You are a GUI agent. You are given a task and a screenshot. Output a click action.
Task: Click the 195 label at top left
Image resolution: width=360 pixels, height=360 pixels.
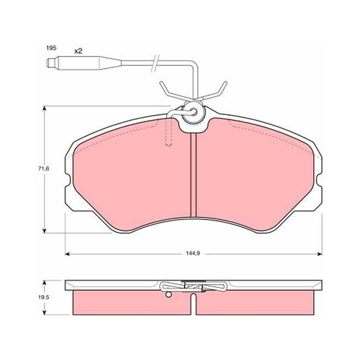pyautogui.click(x=51, y=48)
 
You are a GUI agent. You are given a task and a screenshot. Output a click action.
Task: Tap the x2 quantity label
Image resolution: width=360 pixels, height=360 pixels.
pyautogui.click(x=78, y=51)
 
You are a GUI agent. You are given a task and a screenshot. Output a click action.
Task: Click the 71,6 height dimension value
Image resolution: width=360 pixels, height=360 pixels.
pyautogui.click(x=44, y=168)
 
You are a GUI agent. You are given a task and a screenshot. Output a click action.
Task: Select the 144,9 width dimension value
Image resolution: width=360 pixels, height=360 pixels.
pyautogui.click(x=193, y=253)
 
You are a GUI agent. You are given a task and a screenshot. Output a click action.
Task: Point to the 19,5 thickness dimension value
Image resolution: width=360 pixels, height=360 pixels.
pyautogui.click(x=44, y=297)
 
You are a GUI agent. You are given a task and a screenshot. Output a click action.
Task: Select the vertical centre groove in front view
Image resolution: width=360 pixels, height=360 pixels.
pyautogui.click(x=193, y=175)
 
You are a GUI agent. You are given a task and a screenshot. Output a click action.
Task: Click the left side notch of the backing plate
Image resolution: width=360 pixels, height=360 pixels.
pyautogui.click(x=67, y=179)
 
